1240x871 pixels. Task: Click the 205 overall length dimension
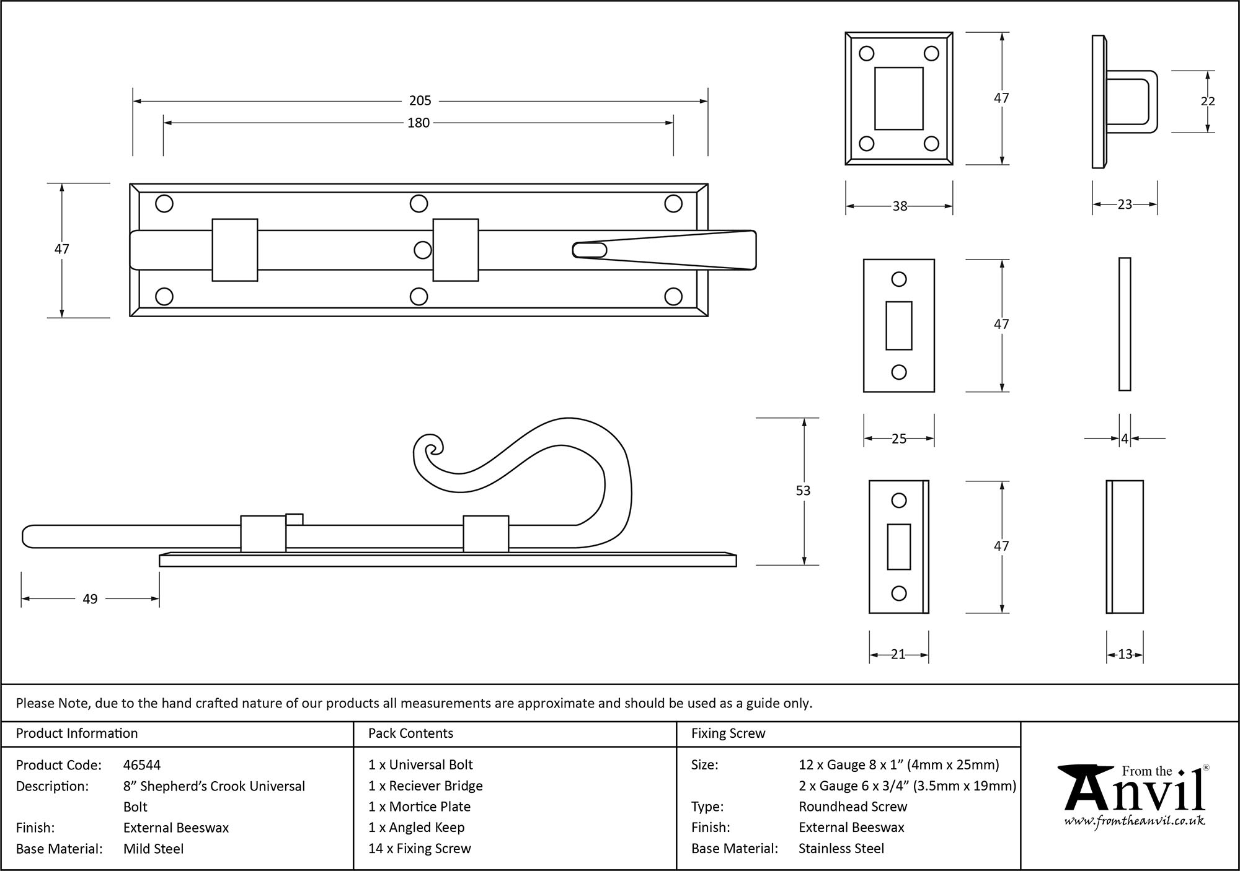420,100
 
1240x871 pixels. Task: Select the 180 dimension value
418,123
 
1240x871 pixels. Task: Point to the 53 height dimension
803,491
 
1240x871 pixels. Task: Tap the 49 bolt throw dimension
90,599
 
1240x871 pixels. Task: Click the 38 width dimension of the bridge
900,206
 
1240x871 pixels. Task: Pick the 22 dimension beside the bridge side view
1208,101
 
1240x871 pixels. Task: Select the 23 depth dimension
1125,204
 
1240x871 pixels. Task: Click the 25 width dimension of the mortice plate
899,439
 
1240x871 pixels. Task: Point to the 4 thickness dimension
1125,439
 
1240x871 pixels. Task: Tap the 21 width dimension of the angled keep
898,654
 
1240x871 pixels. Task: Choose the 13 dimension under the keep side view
1125,654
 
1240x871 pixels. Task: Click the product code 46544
142,765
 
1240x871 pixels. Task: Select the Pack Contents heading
410,733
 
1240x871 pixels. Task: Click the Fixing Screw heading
728,733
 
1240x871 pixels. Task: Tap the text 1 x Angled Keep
416,828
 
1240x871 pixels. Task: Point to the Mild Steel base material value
153,849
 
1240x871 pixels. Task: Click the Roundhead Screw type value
852,807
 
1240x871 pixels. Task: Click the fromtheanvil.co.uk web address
1135,821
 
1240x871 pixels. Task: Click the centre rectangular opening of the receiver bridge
898,98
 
